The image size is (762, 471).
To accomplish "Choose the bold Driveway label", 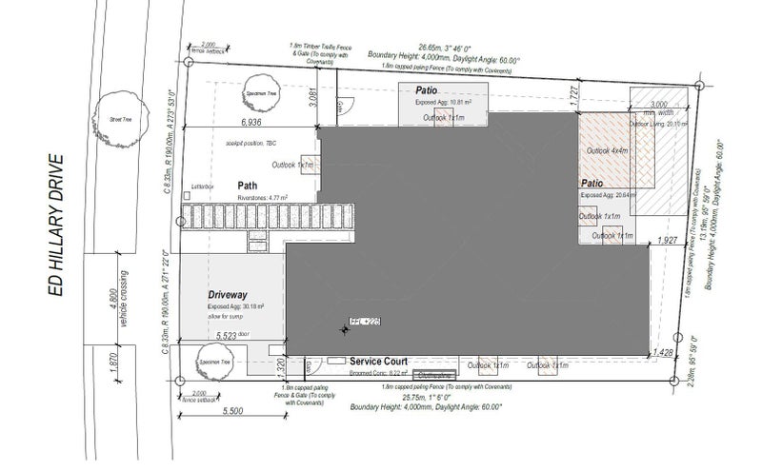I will tap(229, 295).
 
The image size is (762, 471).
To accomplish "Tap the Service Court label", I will tap(379, 363).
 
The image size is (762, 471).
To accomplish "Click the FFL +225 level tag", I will tap(365, 321).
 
